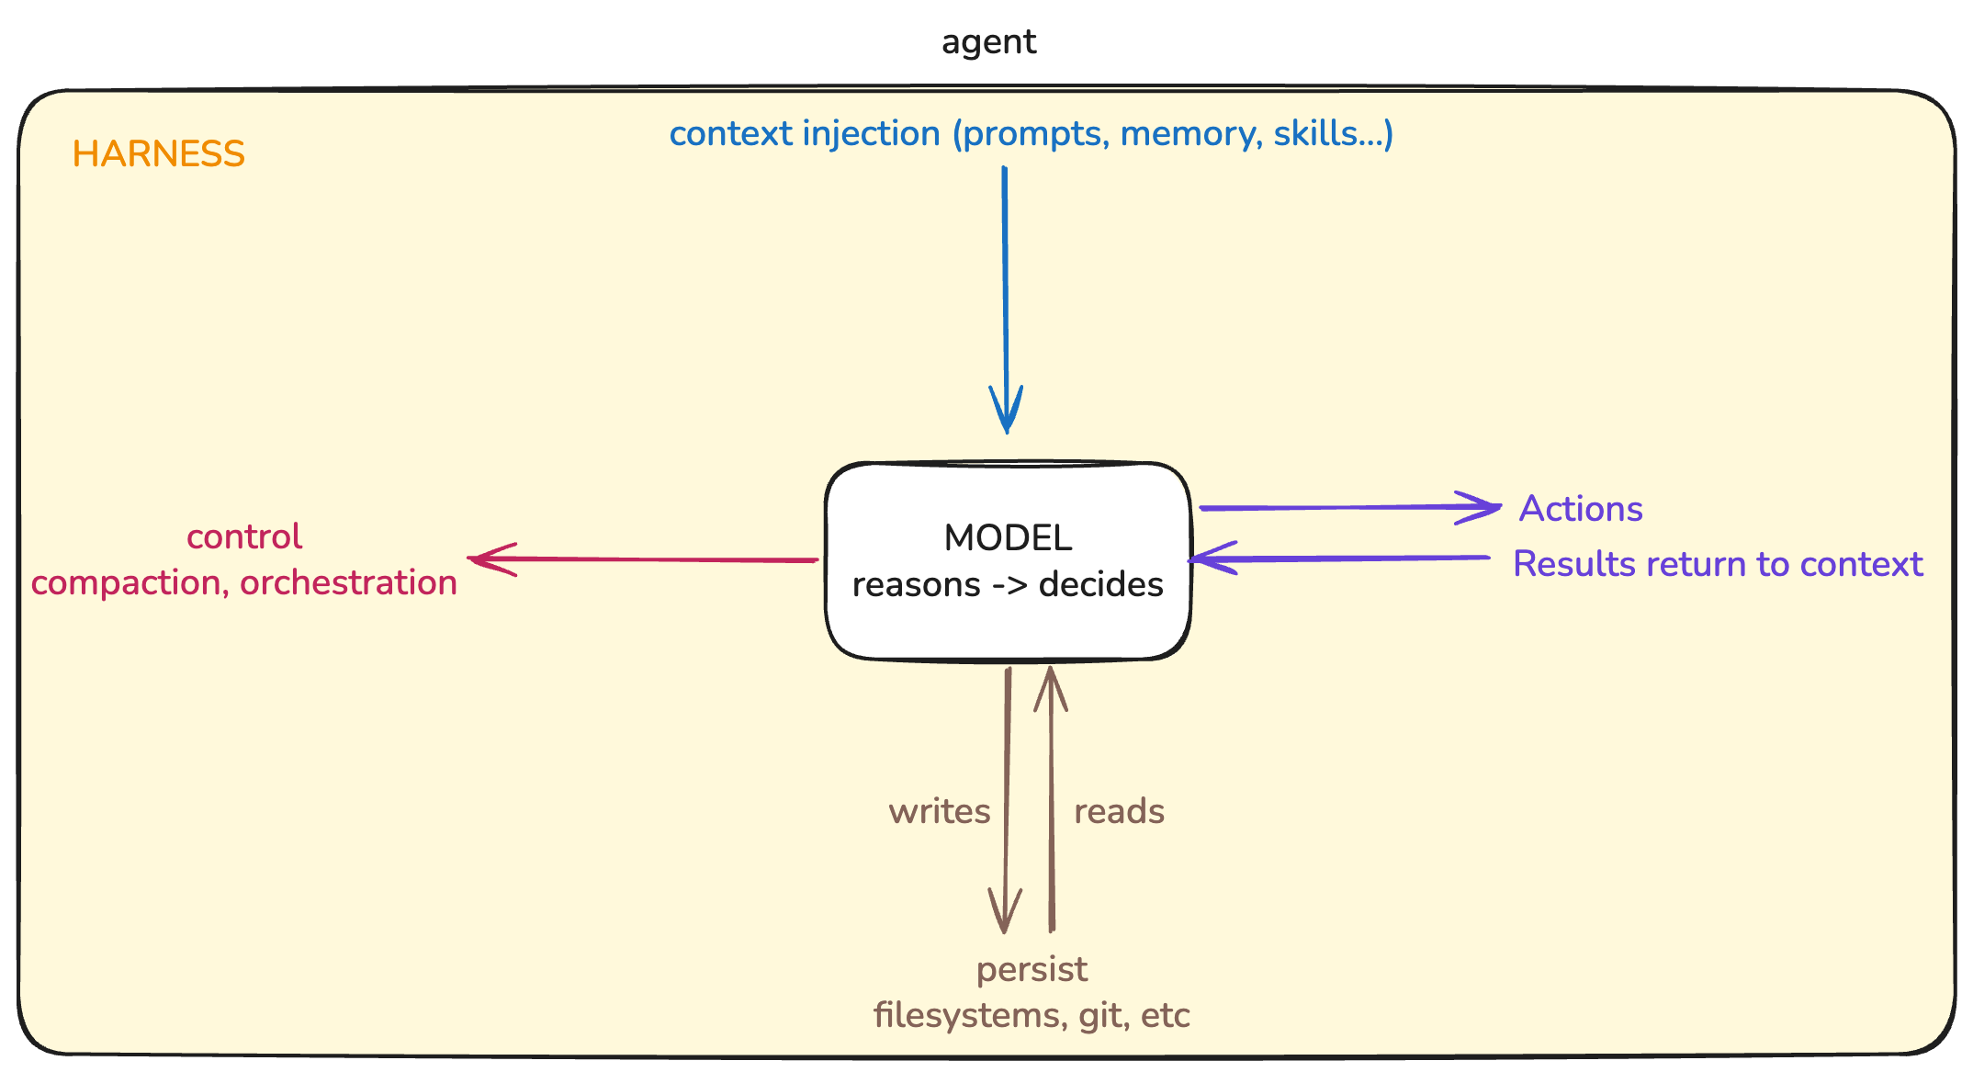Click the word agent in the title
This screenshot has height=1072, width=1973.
988,42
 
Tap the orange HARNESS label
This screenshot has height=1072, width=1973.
158,153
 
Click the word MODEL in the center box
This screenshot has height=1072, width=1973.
1008,538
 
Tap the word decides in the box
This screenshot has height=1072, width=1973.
1100,584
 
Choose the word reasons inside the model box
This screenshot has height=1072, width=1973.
916,584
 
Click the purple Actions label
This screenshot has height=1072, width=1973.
1580,509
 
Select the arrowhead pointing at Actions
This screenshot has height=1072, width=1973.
1483,507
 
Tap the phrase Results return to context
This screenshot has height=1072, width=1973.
1717,564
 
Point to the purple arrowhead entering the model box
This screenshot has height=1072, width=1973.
1205,559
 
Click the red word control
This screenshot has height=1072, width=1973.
243,536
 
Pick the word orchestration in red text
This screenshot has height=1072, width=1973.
348,582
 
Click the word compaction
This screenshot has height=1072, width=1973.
129,582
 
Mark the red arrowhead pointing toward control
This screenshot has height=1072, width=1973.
487,559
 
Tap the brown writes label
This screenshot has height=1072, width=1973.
939,811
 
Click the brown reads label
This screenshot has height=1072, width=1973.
1119,811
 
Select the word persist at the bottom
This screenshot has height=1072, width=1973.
1032,969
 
